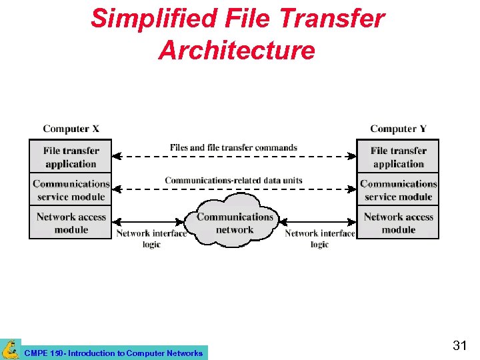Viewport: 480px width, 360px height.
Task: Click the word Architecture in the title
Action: pyautogui.click(x=236, y=51)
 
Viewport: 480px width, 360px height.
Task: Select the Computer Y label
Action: pyautogui.click(x=398, y=129)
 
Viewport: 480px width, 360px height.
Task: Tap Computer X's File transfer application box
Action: pyautogui.click(x=71, y=157)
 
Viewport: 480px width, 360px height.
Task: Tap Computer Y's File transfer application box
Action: pyautogui.click(x=398, y=157)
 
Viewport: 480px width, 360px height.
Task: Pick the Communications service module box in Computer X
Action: pyautogui.click(x=71, y=190)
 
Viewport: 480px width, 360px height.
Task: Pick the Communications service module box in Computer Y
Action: pyautogui.click(x=398, y=190)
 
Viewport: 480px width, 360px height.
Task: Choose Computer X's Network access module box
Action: pyautogui.click(x=71, y=223)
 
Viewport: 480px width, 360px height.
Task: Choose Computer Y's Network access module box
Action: pyautogui.click(x=398, y=223)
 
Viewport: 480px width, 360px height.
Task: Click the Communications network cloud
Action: pyautogui.click(x=235, y=222)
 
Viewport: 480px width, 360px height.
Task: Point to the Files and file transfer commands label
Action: pyautogui.click(x=233, y=147)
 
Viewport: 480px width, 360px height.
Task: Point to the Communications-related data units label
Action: pyautogui.click(x=233, y=180)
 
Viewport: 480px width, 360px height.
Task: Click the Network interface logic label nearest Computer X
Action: pyautogui.click(x=151, y=239)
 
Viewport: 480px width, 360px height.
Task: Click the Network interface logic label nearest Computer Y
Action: pyautogui.click(x=319, y=239)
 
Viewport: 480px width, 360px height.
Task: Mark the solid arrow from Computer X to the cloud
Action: pyautogui.click(x=149, y=223)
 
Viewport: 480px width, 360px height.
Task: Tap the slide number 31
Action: pyautogui.click(x=459, y=345)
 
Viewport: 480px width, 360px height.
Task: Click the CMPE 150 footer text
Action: pyautogui.click(x=113, y=353)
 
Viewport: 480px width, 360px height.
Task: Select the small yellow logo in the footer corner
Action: pyautogui.click(x=10, y=349)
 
